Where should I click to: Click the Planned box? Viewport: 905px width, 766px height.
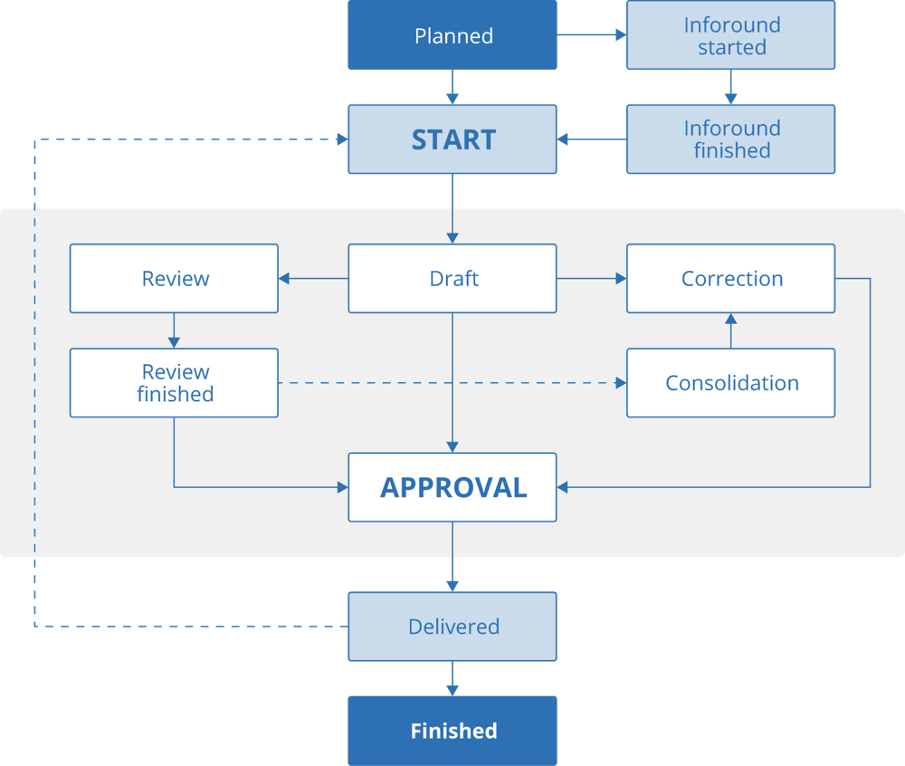(x=452, y=36)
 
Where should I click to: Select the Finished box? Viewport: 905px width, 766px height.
(x=452, y=731)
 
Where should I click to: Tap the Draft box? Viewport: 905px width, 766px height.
(x=452, y=279)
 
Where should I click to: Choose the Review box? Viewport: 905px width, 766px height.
(x=175, y=279)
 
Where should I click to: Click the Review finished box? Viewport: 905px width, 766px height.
(x=175, y=383)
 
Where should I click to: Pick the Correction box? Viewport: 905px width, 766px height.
(x=730, y=279)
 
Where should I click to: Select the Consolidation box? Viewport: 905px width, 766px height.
(x=730, y=383)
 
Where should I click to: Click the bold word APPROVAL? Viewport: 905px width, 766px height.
(x=452, y=488)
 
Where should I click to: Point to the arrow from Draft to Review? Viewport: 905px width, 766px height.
(x=313, y=279)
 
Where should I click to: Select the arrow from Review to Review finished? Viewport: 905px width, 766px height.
(x=175, y=330)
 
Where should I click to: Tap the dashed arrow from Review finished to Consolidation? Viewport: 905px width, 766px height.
(x=452, y=383)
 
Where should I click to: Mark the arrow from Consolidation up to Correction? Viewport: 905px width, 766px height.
(x=730, y=330)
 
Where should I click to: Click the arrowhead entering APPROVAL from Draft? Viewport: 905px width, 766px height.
(x=452, y=446)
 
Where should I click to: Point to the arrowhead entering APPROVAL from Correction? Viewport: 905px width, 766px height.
(x=563, y=487)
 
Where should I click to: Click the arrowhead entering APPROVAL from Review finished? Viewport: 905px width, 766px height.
(x=342, y=487)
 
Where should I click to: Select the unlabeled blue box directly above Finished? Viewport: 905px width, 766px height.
(x=452, y=627)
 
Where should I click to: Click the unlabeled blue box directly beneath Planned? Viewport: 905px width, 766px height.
(x=452, y=139)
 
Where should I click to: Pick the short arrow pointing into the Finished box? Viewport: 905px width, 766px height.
(x=452, y=679)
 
